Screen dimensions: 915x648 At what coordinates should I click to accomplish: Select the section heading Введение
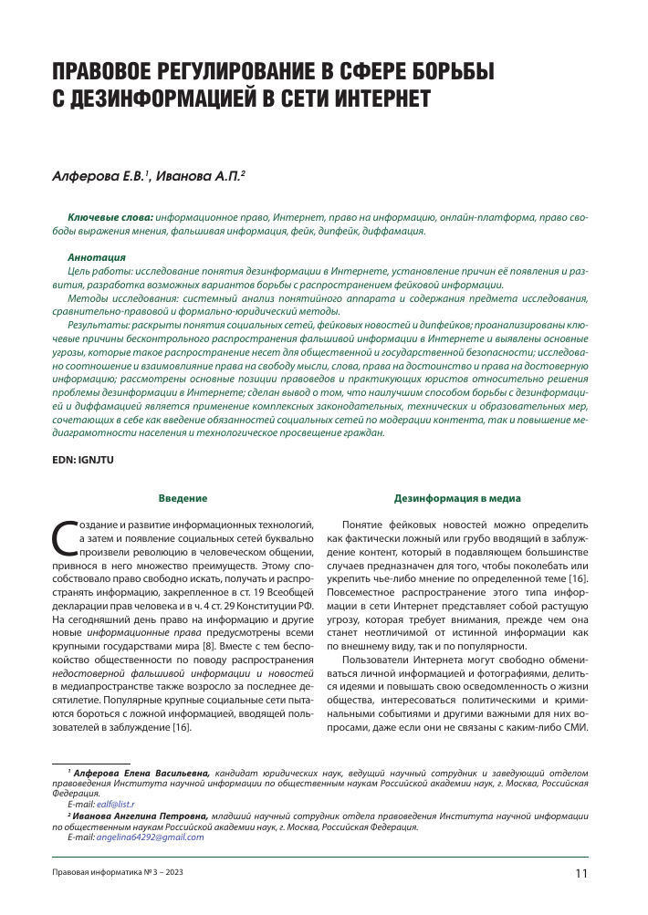[x=183, y=499]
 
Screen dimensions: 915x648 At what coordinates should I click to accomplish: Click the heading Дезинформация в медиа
[x=457, y=499]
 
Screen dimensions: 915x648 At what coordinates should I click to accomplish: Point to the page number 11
[x=581, y=873]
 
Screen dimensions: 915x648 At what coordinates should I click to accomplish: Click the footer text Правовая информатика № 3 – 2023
[x=118, y=874]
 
